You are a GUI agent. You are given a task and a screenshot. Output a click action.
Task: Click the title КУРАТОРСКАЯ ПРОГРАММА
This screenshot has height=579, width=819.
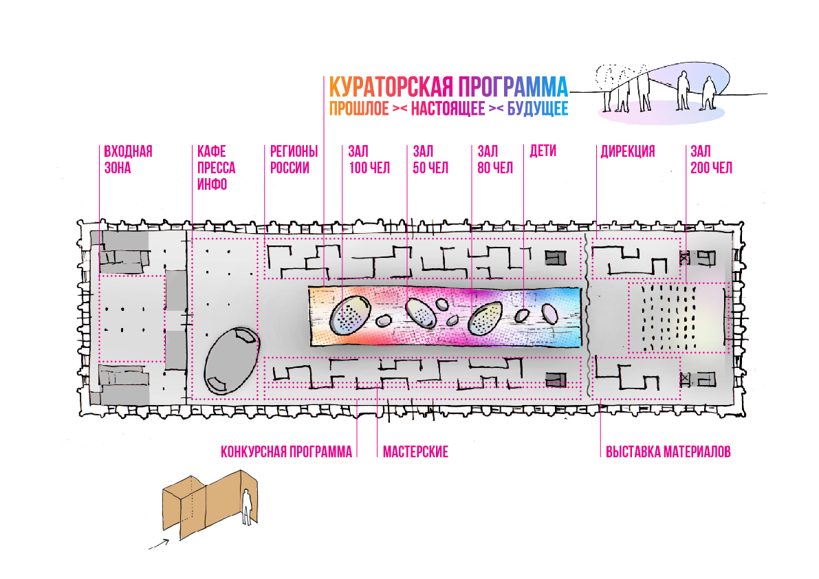click(448, 87)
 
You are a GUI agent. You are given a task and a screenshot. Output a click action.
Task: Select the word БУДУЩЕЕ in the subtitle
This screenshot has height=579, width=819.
click(537, 109)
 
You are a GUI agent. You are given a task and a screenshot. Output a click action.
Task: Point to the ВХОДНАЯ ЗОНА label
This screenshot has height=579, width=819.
click(127, 160)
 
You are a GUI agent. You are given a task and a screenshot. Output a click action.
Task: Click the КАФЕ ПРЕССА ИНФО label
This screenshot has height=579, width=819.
click(216, 168)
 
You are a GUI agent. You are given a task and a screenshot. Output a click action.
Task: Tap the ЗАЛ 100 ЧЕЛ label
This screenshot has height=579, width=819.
click(369, 160)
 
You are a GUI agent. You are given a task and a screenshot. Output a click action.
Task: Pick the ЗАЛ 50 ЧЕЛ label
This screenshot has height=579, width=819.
click(430, 160)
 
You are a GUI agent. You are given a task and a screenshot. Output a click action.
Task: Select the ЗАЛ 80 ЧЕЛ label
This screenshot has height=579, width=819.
click(495, 160)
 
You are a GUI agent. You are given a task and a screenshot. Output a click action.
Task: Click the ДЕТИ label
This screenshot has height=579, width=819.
click(543, 151)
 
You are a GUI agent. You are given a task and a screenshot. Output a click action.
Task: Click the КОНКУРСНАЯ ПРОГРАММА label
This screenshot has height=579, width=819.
click(286, 452)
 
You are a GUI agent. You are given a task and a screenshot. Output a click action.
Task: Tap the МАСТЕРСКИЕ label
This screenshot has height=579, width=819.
click(415, 452)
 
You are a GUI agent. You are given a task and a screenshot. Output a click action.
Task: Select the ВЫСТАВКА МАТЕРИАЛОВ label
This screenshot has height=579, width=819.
click(668, 452)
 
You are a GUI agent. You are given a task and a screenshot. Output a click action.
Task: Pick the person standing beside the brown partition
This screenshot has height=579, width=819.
click(245, 505)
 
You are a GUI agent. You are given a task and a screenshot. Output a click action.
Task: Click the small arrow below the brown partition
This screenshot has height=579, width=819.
click(159, 544)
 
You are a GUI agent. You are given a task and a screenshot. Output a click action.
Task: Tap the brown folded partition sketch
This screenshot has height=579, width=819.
click(206, 505)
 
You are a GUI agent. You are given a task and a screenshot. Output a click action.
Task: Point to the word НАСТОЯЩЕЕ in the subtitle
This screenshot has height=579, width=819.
click(448, 109)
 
